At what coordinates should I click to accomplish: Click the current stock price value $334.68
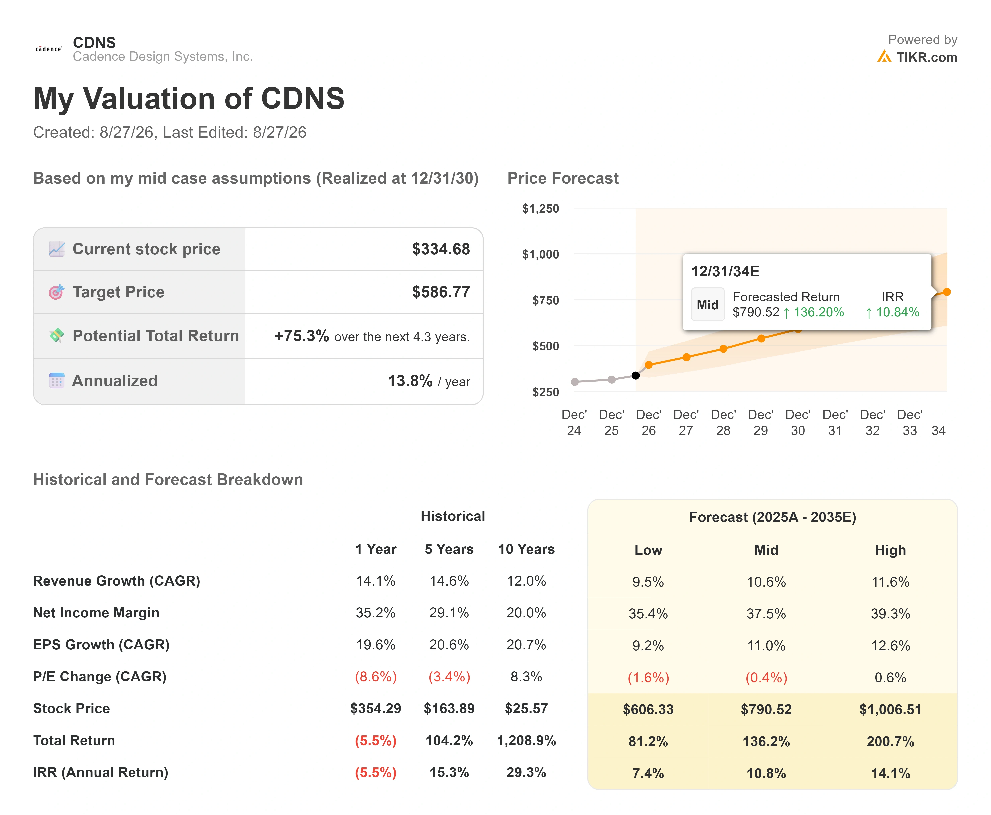click(x=441, y=249)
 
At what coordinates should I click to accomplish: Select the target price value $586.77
click(x=441, y=292)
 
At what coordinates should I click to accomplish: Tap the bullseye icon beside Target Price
click(x=56, y=292)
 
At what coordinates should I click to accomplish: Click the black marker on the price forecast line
click(x=635, y=375)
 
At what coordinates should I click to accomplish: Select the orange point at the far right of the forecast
click(x=947, y=292)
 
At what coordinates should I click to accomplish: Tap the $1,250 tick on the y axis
click(x=541, y=209)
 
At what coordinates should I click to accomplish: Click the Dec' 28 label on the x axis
click(x=723, y=422)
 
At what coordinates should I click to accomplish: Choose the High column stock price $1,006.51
click(x=890, y=709)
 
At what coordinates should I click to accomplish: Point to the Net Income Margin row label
click(x=96, y=613)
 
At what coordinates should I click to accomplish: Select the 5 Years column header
click(x=449, y=549)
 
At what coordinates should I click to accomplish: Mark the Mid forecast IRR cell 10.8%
click(x=766, y=773)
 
